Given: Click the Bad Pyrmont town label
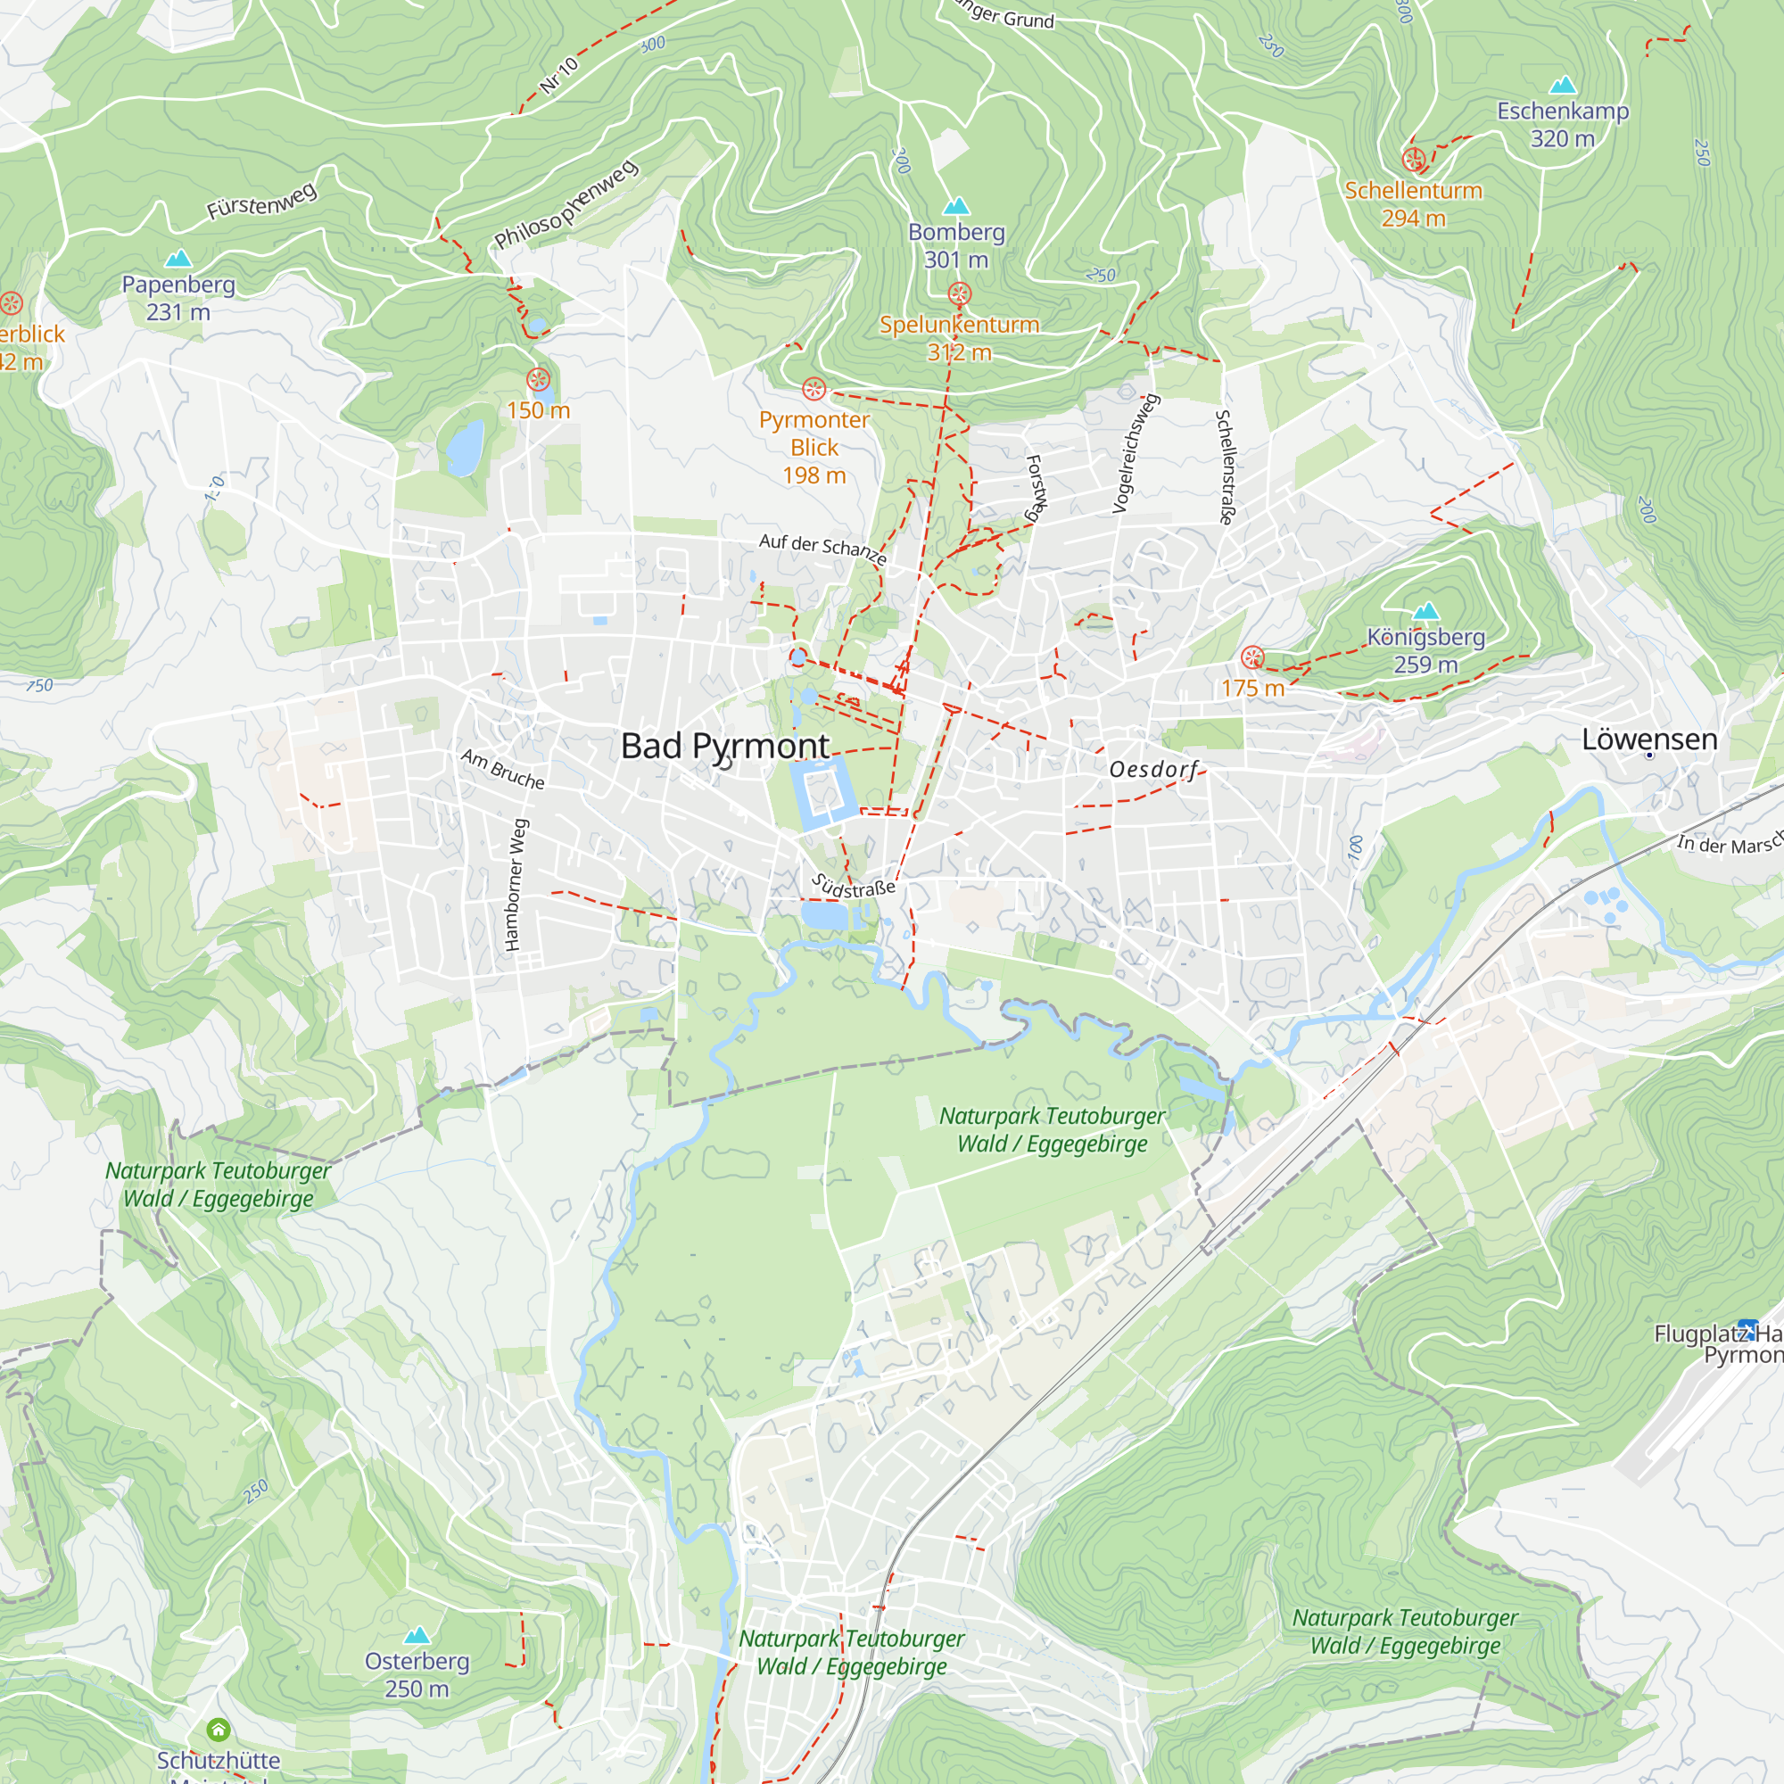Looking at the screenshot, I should point(725,746).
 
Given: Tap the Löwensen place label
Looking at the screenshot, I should point(1649,739).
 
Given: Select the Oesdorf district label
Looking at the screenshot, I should point(1153,769).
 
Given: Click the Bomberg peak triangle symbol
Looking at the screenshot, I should point(956,206).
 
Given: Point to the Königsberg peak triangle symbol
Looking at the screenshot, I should point(1425,611).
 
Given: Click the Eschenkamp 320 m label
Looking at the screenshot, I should point(1563,125).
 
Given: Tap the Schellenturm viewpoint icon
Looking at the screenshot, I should point(1413,160).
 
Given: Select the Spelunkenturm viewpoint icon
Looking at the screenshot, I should point(960,294).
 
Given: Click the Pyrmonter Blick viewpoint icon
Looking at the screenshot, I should point(814,389).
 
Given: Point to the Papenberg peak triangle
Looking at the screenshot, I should point(178,259).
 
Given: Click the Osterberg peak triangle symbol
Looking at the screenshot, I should point(417,1636).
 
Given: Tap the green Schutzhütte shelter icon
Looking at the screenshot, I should point(218,1729).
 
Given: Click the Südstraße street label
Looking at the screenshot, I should point(854,888).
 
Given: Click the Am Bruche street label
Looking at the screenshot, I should point(503,769).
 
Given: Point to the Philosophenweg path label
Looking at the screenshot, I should point(566,205).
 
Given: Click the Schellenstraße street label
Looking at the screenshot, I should point(1226,467).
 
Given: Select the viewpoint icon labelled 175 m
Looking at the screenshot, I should point(1252,657).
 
